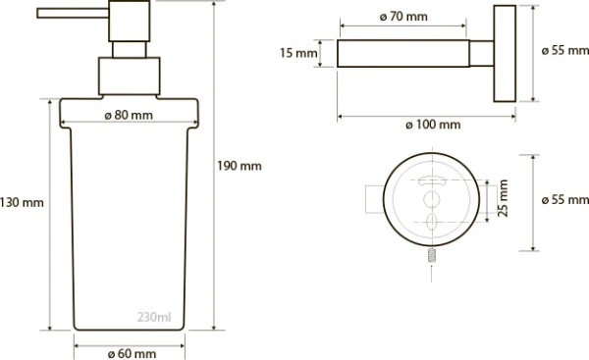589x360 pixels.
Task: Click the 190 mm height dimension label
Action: (240, 166)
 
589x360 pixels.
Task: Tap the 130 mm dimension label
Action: (22, 202)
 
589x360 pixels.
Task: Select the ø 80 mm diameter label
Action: (129, 115)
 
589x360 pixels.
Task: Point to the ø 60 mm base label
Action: (132, 353)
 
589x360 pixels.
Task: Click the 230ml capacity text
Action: (154, 317)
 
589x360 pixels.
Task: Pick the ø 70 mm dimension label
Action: (403, 17)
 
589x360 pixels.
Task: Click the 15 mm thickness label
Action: (298, 53)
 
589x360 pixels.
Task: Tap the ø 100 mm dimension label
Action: (433, 125)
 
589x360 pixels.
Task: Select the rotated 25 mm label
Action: (503, 198)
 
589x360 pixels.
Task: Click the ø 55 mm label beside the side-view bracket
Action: (565, 50)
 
